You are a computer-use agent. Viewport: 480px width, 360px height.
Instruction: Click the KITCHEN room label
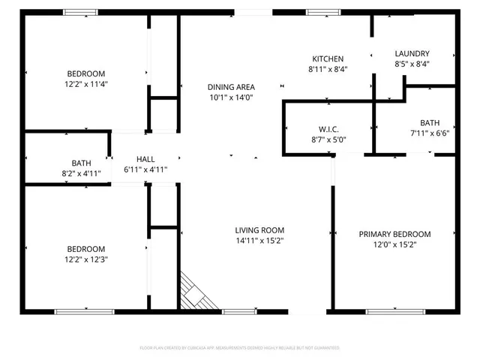(328, 58)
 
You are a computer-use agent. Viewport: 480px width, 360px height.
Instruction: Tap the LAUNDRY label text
(412, 53)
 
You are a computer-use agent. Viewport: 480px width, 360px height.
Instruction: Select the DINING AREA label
(230, 87)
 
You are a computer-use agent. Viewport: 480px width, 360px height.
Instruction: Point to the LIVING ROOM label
(259, 230)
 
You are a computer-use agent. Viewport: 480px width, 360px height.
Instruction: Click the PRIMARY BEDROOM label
(394, 234)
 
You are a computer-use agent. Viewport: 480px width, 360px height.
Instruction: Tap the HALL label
(145, 159)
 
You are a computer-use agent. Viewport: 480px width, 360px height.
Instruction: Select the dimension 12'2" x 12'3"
(86, 259)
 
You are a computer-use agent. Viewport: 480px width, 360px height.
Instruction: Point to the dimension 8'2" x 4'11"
(81, 172)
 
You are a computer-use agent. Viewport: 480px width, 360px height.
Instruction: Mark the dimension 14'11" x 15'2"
(259, 241)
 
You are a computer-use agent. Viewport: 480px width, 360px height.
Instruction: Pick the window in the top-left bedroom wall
(80, 12)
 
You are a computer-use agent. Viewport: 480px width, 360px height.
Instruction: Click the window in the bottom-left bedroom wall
(85, 310)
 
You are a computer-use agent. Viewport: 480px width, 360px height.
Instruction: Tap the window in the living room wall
(238, 310)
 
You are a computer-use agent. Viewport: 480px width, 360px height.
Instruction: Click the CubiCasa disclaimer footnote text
(240, 348)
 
